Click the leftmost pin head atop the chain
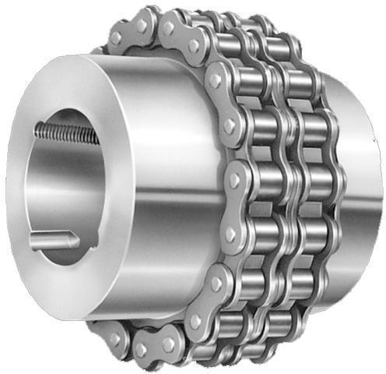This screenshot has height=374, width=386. (115, 37)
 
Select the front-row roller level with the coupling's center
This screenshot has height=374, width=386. (257, 180)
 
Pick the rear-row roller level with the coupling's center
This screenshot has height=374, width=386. (319, 181)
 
